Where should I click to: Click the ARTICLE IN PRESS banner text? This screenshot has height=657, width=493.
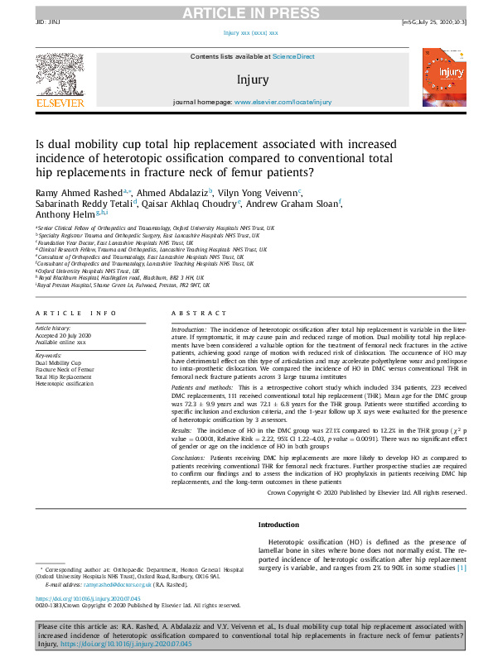point(246,12)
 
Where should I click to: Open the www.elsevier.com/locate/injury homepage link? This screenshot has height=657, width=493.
point(283,102)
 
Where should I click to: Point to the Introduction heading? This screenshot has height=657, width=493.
point(280,525)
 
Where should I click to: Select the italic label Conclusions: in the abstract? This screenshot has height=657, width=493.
point(190,458)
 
